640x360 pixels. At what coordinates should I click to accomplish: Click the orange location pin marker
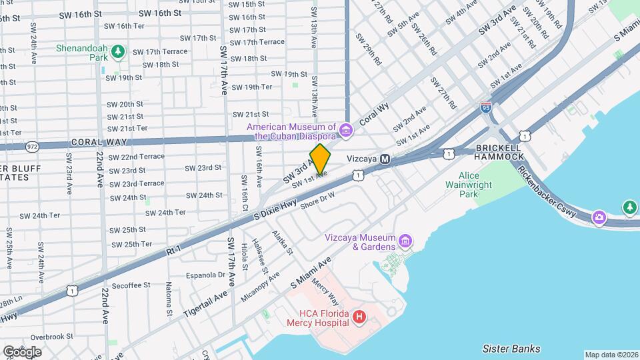pyautogui.click(x=320, y=159)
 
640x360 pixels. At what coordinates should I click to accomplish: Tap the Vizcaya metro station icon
pyautogui.click(x=385, y=159)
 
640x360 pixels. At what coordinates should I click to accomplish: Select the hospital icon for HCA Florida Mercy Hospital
pyautogui.click(x=359, y=317)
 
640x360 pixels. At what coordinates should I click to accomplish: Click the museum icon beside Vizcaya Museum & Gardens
pyautogui.click(x=405, y=240)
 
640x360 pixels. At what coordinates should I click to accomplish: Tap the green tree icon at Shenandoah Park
pyautogui.click(x=118, y=51)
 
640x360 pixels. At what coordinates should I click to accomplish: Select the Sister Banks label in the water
pyautogui.click(x=511, y=349)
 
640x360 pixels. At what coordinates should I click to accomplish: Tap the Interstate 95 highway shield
pyautogui.click(x=486, y=107)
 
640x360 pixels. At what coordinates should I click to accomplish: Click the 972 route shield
pyautogui.click(x=31, y=145)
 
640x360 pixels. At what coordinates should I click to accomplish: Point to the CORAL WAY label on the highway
pyautogui.click(x=94, y=142)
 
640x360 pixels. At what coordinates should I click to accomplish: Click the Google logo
pyautogui.click(x=22, y=352)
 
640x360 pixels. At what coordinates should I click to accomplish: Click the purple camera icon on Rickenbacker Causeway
pyautogui.click(x=599, y=217)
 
